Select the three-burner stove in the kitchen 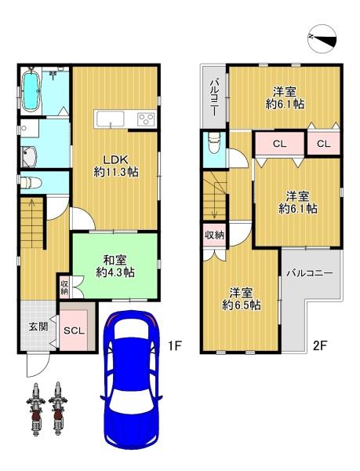[x=146, y=119]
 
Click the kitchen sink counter [x=109, y=119]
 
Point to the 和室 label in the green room [x=115, y=260]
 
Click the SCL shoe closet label [x=74, y=331]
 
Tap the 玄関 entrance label [x=38, y=327]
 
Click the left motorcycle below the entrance [x=36, y=409]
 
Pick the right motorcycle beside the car [x=58, y=409]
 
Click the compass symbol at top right [x=322, y=40]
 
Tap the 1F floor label [x=174, y=346]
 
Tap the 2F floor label [x=320, y=346]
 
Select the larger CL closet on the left [x=280, y=144]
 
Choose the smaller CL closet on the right [x=324, y=144]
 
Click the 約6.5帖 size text [x=242, y=305]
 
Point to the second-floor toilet [x=214, y=143]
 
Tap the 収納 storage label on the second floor [x=214, y=235]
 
